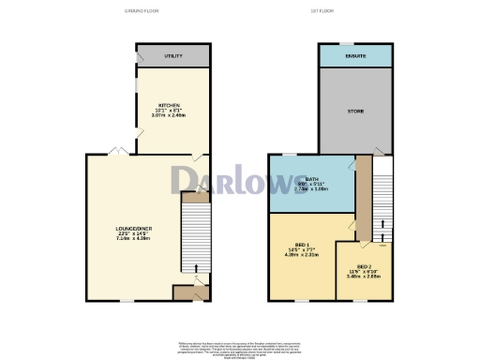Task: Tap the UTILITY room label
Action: click(172, 56)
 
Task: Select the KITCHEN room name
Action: click(170, 104)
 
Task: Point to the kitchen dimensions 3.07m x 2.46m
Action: click(170, 115)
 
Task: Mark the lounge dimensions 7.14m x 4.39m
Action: click(128, 238)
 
